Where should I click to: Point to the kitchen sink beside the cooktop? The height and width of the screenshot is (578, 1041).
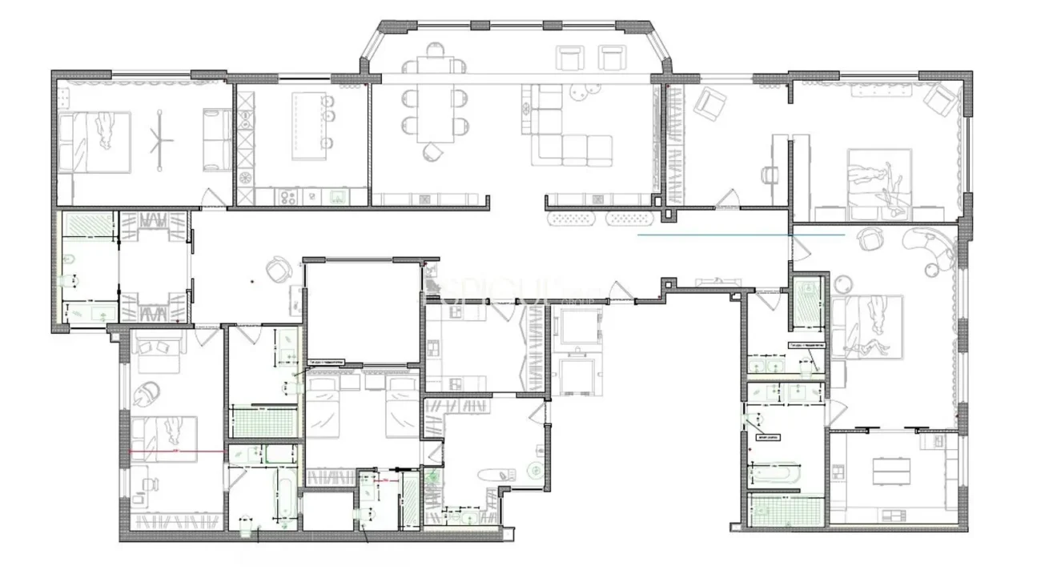click(337, 195)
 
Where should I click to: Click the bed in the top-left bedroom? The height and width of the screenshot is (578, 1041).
click(94, 142)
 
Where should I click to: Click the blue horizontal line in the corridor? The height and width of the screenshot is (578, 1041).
click(741, 236)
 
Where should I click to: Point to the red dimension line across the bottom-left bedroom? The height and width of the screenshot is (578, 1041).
click(176, 452)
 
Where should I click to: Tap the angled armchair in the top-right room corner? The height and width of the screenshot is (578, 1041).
click(939, 99)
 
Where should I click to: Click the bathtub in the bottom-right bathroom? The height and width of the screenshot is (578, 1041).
click(774, 475)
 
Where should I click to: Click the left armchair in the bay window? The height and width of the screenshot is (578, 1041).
click(570, 58)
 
